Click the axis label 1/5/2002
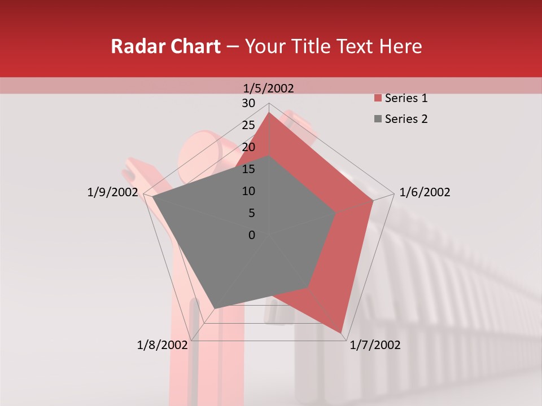[268, 89]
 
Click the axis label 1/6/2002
[425, 192]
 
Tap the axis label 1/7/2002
[375, 345]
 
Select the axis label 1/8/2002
[162, 345]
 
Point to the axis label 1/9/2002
[112, 192]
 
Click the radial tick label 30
[248, 103]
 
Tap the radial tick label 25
[248, 125]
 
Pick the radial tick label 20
[248, 147]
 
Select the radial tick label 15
[248, 169]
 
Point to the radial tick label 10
[248, 191]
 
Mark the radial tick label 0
[252, 235]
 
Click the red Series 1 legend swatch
[377, 99]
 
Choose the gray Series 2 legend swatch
[377, 119]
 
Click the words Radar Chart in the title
[165, 47]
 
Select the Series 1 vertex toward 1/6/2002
[373, 200]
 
